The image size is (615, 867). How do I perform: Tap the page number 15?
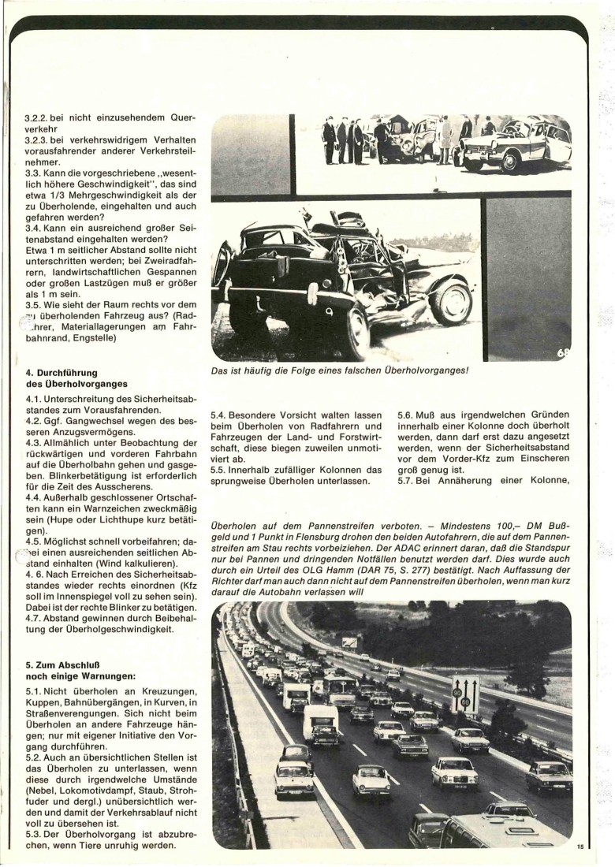click(580, 847)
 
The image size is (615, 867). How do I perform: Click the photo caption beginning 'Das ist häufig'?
click(340, 375)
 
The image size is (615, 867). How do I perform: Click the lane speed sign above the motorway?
click(464, 694)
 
